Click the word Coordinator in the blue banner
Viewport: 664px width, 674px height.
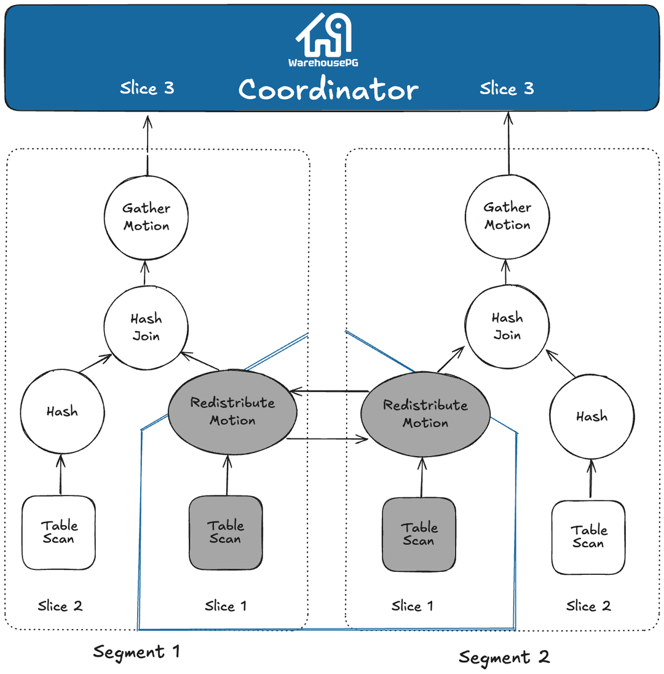tap(328, 90)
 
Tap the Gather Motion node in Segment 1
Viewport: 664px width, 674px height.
tap(146, 217)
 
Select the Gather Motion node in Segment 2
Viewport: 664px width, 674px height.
tap(507, 217)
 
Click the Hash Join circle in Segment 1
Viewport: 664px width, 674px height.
tap(146, 327)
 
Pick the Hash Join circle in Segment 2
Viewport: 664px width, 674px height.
tap(507, 327)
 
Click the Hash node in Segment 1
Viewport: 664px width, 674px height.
tap(62, 411)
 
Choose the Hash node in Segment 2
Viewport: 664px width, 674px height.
tap(591, 417)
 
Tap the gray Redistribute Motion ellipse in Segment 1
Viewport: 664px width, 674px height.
tap(232, 411)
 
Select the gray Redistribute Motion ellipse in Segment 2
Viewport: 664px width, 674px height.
tap(425, 414)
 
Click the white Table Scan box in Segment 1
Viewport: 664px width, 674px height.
tap(59, 532)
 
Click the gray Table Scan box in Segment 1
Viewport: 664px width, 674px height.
tap(226, 532)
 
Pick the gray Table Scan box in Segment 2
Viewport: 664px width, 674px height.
tap(419, 534)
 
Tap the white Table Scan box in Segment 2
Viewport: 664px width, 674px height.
tap(588, 537)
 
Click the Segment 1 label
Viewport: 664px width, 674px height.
tap(136, 651)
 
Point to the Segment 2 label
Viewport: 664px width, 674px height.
tap(504, 657)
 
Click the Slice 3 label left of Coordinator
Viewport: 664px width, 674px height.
tap(147, 88)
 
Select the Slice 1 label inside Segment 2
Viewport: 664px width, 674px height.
tap(412, 606)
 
